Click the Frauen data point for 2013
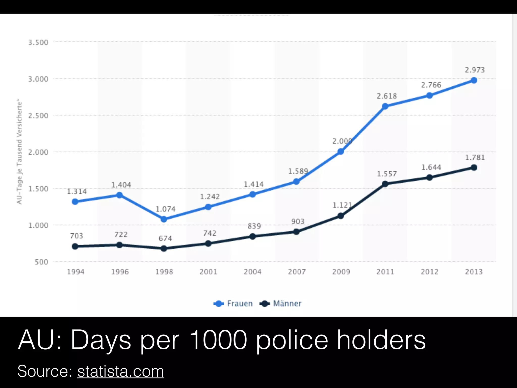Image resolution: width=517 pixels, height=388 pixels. point(474,80)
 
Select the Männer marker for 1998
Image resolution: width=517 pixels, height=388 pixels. point(164,249)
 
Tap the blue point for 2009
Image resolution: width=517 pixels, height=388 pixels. point(341,152)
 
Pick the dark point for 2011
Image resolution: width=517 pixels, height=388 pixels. point(385,184)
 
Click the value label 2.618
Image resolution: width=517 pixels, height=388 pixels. point(387,96)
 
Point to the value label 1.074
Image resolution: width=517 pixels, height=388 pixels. point(165,209)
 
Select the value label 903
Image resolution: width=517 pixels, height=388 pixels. point(298,222)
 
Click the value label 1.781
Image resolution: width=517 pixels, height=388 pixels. point(475,158)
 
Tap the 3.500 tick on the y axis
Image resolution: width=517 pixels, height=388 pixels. point(38,42)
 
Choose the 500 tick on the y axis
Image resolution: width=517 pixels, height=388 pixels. point(41,262)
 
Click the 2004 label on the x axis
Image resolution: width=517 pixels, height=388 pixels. point(252,272)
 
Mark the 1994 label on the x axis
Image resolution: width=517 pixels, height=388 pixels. point(75,272)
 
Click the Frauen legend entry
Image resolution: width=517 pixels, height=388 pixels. point(233,303)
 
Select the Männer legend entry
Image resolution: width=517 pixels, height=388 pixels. point(281,303)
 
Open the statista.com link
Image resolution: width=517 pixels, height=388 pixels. point(121,371)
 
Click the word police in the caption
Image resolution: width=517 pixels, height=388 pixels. point(292,340)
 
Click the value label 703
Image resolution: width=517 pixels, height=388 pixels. point(76,236)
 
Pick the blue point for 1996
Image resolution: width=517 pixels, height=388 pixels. point(120,195)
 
